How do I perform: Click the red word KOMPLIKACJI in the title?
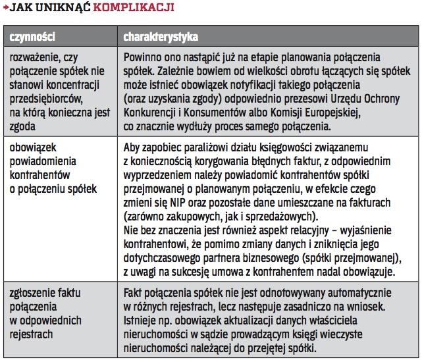[134, 8]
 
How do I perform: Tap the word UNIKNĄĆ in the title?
[67, 8]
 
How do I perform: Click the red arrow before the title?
[5, 8]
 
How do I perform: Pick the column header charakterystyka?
[161, 36]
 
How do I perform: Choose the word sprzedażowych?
[282, 217]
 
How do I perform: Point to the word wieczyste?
[360, 334]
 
